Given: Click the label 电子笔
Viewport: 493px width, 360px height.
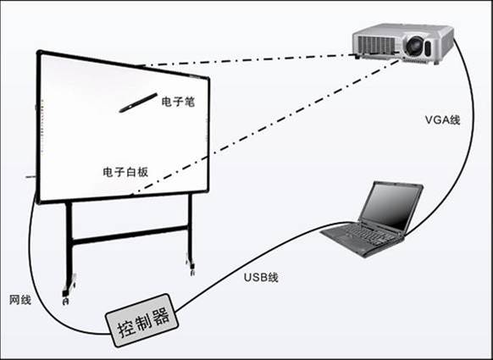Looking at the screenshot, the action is coord(178,102).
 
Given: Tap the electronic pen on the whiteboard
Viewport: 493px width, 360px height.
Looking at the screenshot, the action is coord(138,102).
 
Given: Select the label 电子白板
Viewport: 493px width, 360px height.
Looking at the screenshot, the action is coord(125,172).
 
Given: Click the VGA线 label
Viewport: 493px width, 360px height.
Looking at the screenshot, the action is coord(442,119).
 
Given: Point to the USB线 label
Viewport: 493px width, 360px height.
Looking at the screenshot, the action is coord(261,277).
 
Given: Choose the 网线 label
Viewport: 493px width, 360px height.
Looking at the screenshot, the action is coord(20,300).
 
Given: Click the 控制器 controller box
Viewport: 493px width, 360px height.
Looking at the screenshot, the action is coord(142,320).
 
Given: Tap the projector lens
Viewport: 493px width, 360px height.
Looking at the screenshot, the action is coord(414,45).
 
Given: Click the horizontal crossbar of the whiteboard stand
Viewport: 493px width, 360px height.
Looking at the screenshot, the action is coord(130,235).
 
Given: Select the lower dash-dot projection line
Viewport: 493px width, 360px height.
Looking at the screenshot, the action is coord(266,127).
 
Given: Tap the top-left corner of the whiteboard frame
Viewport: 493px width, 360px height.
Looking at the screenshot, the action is coord(39,53).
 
